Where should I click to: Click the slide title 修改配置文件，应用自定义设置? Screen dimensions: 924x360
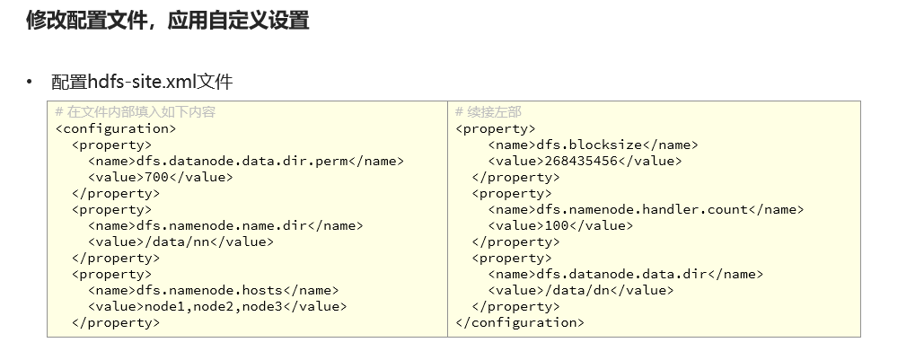(x=168, y=21)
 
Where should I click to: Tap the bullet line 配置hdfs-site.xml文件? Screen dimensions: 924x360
(x=142, y=83)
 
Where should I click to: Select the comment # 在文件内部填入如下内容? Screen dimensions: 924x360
(x=135, y=112)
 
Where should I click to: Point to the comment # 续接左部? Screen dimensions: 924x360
(x=488, y=112)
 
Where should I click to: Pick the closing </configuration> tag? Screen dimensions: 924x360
(x=520, y=322)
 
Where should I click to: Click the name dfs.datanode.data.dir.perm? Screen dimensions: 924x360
(x=242, y=161)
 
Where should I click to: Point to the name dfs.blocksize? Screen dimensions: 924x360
(x=588, y=145)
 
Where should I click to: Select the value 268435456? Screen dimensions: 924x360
(x=580, y=161)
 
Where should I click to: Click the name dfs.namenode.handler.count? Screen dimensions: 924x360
(x=641, y=209)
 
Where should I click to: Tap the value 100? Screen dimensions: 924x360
(x=556, y=225)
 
